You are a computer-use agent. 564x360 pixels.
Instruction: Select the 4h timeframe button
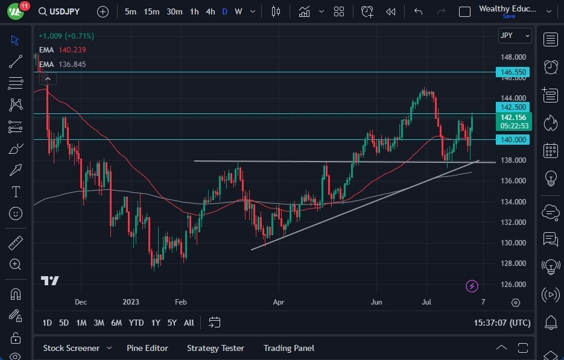click(210, 11)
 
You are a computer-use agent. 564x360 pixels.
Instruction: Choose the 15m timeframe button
click(151, 11)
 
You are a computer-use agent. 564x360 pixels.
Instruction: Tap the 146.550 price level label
click(512, 72)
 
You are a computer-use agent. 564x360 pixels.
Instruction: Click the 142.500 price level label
click(512, 107)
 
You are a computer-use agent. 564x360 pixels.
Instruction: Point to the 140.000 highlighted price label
click(512, 140)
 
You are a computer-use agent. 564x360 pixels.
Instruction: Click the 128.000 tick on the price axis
click(512, 264)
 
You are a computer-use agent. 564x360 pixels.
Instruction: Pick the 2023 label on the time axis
click(131, 302)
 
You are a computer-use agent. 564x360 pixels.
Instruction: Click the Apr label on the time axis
click(278, 302)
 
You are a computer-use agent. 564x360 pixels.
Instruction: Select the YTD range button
click(136, 323)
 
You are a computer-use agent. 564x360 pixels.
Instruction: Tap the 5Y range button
click(172, 323)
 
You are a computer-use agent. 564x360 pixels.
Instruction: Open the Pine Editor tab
click(147, 348)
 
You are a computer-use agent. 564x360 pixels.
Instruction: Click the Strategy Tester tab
click(215, 348)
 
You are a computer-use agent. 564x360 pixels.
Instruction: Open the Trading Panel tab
click(288, 348)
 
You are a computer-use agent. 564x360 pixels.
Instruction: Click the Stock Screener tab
click(71, 348)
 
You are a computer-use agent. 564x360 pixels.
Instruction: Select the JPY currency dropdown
click(515, 36)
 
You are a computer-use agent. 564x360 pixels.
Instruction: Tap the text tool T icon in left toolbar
click(16, 192)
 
